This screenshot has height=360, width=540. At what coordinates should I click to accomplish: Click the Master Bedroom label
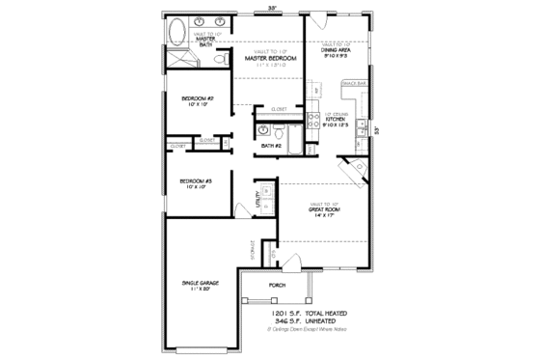tap(268, 59)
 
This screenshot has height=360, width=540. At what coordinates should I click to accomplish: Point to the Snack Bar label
tap(353, 84)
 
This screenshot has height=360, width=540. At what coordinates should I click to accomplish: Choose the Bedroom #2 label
tap(197, 98)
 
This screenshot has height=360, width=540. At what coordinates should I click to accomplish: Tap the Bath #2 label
tap(271, 147)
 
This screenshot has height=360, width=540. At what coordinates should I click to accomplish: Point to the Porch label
tap(277, 286)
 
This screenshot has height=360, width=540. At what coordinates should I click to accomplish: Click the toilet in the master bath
tap(220, 61)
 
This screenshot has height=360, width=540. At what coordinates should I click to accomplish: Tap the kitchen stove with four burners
tap(313, 120)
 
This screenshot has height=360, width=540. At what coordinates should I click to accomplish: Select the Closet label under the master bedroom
tap(280, 109)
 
